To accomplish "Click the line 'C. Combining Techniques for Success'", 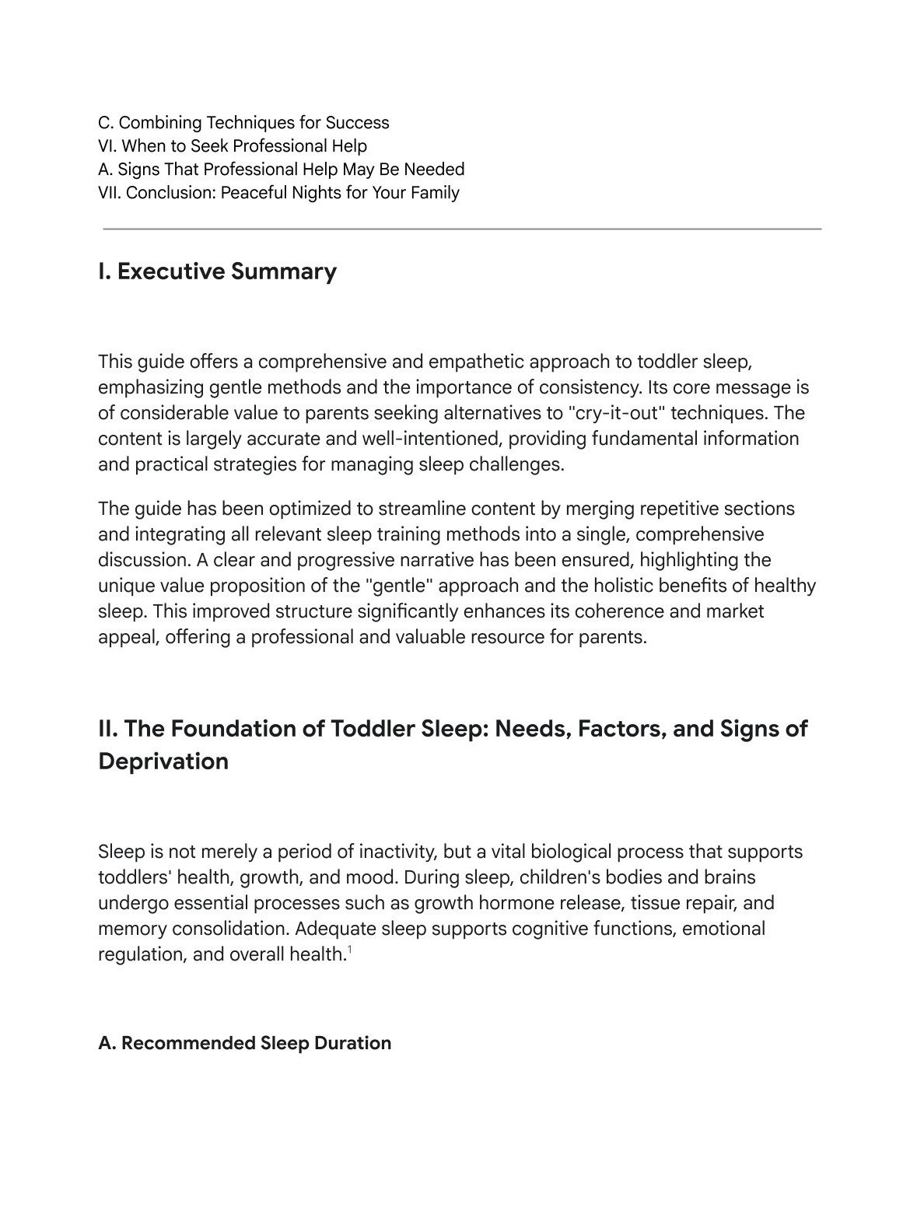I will [243, 123].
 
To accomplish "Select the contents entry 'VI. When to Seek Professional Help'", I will [233, 146].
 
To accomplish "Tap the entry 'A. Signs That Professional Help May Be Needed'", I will [281, 170].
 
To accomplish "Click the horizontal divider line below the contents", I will [462, 229].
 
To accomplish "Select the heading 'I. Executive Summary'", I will [217, 271].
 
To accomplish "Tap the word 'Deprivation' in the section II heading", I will [163, 761].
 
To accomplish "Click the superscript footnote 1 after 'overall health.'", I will [350, 949].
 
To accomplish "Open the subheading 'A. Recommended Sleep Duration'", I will [244, 1043].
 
